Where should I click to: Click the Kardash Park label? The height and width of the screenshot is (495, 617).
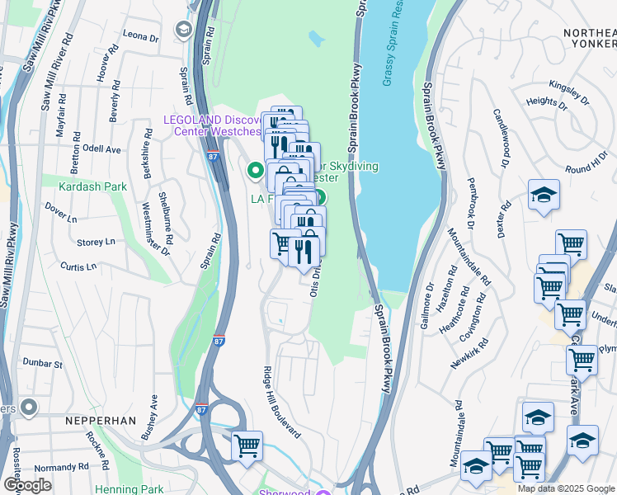(92, 186)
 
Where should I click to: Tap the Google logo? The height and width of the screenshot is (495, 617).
(27, 485)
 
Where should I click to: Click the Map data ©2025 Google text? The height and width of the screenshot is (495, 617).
(566, 488)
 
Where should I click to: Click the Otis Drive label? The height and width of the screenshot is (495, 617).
(314, 282)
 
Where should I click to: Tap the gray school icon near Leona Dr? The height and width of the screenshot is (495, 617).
(182, 30)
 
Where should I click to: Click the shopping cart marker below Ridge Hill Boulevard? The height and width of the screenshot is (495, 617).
(247, 445)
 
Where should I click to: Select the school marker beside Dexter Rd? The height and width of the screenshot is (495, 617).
(544, 195)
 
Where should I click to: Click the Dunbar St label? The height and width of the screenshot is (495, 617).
(44, 363)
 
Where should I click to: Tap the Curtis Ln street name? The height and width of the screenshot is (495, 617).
(78, 266)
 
